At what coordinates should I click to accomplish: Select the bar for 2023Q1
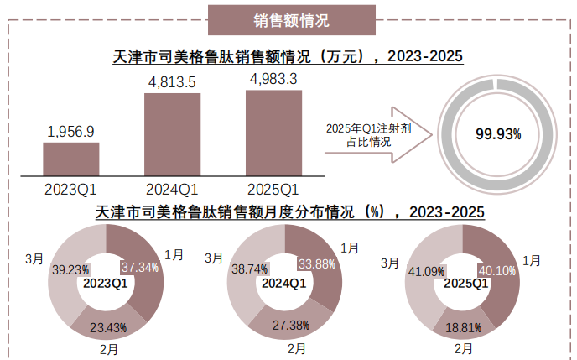71,158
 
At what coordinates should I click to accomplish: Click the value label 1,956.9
71,131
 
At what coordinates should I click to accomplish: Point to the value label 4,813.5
172,81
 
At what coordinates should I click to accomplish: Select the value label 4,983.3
273,80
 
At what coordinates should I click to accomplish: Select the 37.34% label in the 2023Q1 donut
140,267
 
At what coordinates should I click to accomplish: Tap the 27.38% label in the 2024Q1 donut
290,324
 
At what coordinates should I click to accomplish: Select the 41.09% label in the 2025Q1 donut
424,271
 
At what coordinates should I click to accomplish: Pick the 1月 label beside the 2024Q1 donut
351,248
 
